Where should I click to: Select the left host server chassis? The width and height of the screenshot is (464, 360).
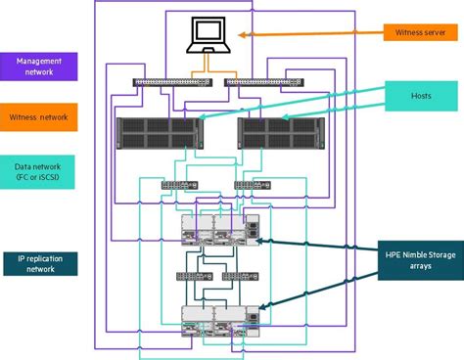pos(158,132)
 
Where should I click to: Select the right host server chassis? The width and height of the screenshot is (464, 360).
pos(278,132)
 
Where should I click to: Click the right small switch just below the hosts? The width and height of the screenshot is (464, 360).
pos(246,185)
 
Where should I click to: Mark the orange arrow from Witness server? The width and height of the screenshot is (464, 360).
pos(303,37)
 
